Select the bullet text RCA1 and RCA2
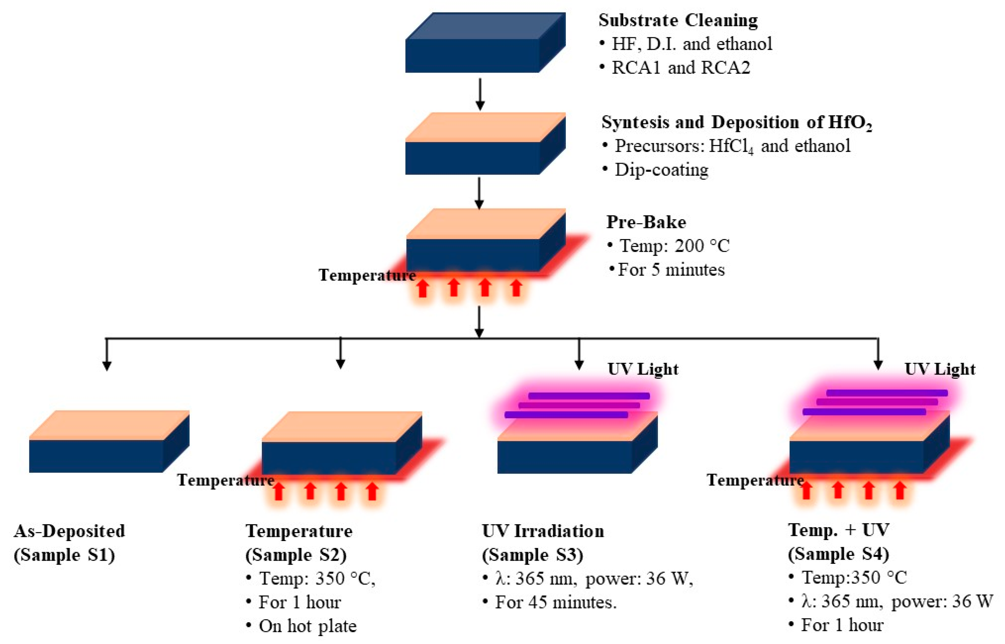pyautogui.click(x=681, y=67)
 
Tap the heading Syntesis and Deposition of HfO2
pyautogui.click(x=736, y=122)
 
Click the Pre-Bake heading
pyautogui.click(x=646, y=222)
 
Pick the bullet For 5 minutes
pyautogui.click(x=671, y=270)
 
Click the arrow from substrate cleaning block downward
pyautogui.click(x=480, y=94)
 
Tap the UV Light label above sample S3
pyautogui.click(x=643, y=369)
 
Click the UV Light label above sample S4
pyautogui.click(x=940, y=369)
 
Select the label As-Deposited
pyautogui.click(x=70, y=531)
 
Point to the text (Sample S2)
pyautogui.click(x=296, y=555)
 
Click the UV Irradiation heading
pyautogui.click(x=543, y=531)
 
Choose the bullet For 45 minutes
pyautogui.click(x=555, y=603)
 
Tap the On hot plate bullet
pyautogui.click(x=307, y=626)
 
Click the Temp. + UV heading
pyautogui.click(x=839, y=530)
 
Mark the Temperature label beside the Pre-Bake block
pyautogui.click(x=367, y=275)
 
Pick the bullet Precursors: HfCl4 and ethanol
pyautogui.click(x=732, y=146)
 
